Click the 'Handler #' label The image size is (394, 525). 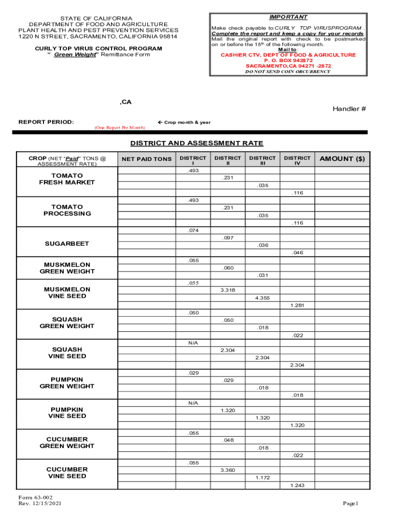click(349, 109)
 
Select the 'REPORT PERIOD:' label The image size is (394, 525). click(46, 122)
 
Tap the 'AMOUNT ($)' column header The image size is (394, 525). click(342, 159)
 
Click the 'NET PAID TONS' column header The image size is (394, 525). click(146, 159)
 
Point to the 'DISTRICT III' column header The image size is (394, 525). click(262, 161)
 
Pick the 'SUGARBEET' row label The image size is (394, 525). click(67, 244)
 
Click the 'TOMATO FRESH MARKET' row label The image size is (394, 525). click(67, 179)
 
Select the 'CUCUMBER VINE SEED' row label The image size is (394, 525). click(67, 473)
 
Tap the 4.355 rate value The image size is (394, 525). click(262, 298)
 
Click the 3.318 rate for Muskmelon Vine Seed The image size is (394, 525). click(228, 290)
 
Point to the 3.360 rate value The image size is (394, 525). click(228, 470)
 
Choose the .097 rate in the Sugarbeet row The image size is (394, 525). click(228, 238)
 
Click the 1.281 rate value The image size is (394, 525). click(297, 306)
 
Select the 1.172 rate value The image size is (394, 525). click(262, 478)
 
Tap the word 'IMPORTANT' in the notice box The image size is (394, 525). click(288, 17)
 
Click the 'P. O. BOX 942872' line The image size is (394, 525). click(288, 60)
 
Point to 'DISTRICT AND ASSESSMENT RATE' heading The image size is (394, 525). click(196, 143)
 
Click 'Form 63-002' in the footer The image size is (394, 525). click(35, 498)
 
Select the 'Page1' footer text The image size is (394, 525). click(352, 503)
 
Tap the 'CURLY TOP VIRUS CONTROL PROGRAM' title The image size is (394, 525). click(98, 49)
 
